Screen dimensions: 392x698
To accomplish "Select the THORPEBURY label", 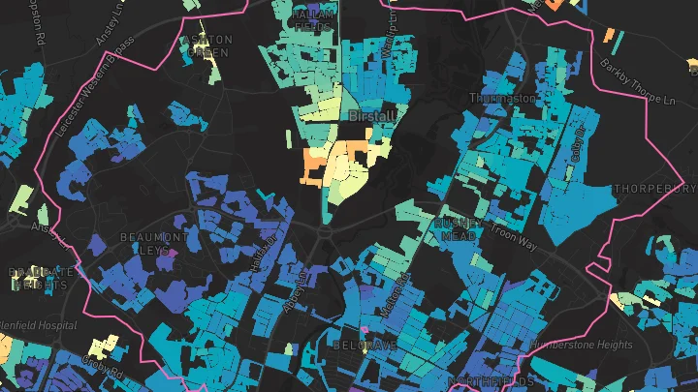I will click(656, 188).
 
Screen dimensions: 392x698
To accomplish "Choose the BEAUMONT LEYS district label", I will click(153, 243).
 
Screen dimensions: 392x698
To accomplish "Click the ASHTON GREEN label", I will click(206, 45).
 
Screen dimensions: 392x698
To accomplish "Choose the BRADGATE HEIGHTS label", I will click(36, 279).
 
